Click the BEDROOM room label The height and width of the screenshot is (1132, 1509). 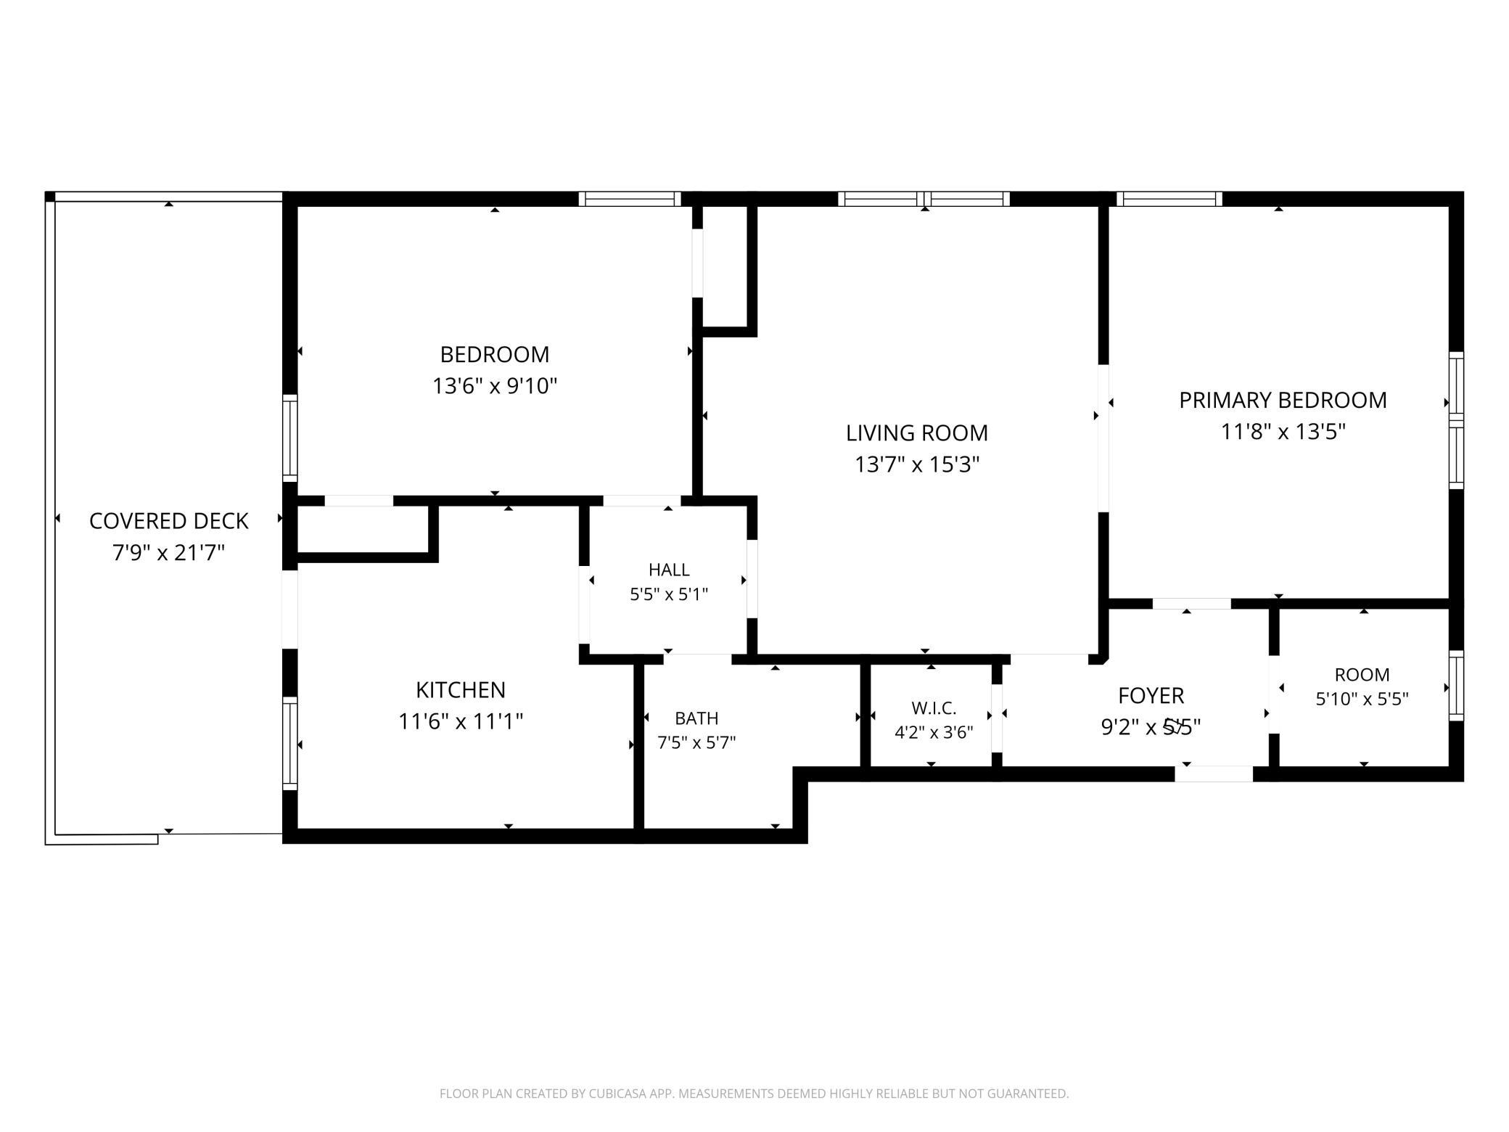coord(495,354)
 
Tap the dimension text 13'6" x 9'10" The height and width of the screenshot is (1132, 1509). coord(495,385)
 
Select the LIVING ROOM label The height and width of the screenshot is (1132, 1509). coord(917,432)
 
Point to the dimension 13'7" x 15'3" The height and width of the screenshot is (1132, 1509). coord(917,464)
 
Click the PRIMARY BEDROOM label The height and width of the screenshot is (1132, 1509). coord(1283,400)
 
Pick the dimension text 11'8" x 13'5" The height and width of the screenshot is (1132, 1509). coord(1283,432)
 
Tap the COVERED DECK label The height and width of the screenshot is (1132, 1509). coord(169,521)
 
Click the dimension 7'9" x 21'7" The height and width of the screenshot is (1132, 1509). coord(169,553)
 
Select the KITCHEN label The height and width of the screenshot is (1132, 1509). coord(461,689)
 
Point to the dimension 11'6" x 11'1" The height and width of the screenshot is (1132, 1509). coord(461,721)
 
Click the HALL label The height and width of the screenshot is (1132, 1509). coord(669,570)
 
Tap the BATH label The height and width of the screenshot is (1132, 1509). coord(696,718)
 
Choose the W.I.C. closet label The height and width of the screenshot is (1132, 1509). coord(934,708)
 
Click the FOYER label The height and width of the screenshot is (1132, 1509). coord(1151,696)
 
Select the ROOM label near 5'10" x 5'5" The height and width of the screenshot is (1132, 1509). coord(1362,675)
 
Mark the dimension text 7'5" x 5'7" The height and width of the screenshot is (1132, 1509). coord(696,743)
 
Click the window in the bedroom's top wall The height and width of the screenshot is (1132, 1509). coord(630,199)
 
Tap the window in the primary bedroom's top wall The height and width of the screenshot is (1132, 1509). coord(1169,199)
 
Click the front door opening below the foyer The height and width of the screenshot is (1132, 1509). coord(1214,774)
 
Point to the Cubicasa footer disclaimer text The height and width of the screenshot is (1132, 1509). coord(754,1093)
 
